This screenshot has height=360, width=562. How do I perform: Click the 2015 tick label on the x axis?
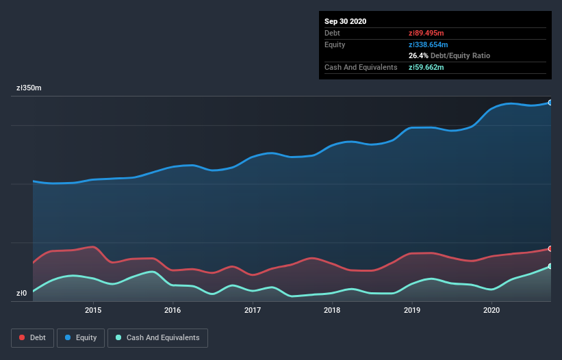tap(93, 310)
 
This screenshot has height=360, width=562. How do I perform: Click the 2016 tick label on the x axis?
tap(173, 310)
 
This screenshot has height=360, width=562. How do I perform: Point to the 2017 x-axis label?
tap(253, 310)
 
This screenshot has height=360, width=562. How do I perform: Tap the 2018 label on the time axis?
tap(332, 310)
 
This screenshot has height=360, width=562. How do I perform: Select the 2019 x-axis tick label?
tap(412, 310)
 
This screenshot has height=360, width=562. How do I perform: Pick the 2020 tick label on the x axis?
tap(491, 310)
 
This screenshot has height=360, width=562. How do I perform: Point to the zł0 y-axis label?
tap(22, 294)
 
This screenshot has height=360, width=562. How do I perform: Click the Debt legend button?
tap(33, 337)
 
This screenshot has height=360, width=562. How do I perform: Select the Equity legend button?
tap(81, 337)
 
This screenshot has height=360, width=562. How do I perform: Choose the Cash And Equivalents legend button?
tap(157, 337)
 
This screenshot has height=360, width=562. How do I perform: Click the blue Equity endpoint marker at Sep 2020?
tap(550, 103)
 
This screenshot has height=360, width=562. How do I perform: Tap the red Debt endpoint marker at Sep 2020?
tap(550, 248)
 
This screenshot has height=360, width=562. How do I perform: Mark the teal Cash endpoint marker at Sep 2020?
tap(550, 266)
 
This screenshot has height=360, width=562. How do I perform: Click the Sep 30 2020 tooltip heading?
tap(345, 21)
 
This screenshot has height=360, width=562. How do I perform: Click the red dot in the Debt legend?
tap(22, 337)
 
